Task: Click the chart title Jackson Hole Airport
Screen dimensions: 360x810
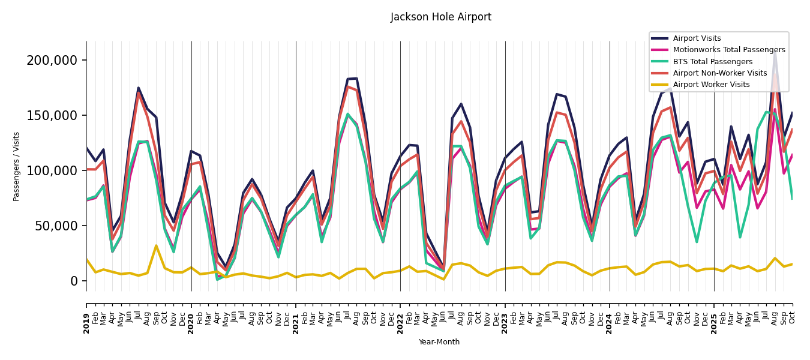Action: pos(441,17)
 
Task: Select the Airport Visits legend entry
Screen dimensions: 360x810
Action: pos(697,38)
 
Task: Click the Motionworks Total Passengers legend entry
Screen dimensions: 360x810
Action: pos(728,50)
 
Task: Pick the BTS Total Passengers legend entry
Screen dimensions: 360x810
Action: pos(712,62)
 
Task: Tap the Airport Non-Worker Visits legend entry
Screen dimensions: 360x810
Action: pos(719,73)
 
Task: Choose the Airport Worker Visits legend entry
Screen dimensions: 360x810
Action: pos(711,85)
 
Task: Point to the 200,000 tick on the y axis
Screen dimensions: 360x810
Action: pos(52,60)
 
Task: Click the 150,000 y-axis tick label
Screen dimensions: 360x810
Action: pos(52,115)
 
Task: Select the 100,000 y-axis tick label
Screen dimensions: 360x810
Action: pos(52,170)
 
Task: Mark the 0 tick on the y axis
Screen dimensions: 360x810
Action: pos(74,281)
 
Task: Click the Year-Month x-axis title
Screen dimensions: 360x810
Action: pos(439,342)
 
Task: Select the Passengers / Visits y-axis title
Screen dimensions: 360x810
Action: pos(17,166)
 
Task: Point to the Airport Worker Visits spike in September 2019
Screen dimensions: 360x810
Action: pos(156,245)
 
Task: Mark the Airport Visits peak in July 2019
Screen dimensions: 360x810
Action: pos(139,88)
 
